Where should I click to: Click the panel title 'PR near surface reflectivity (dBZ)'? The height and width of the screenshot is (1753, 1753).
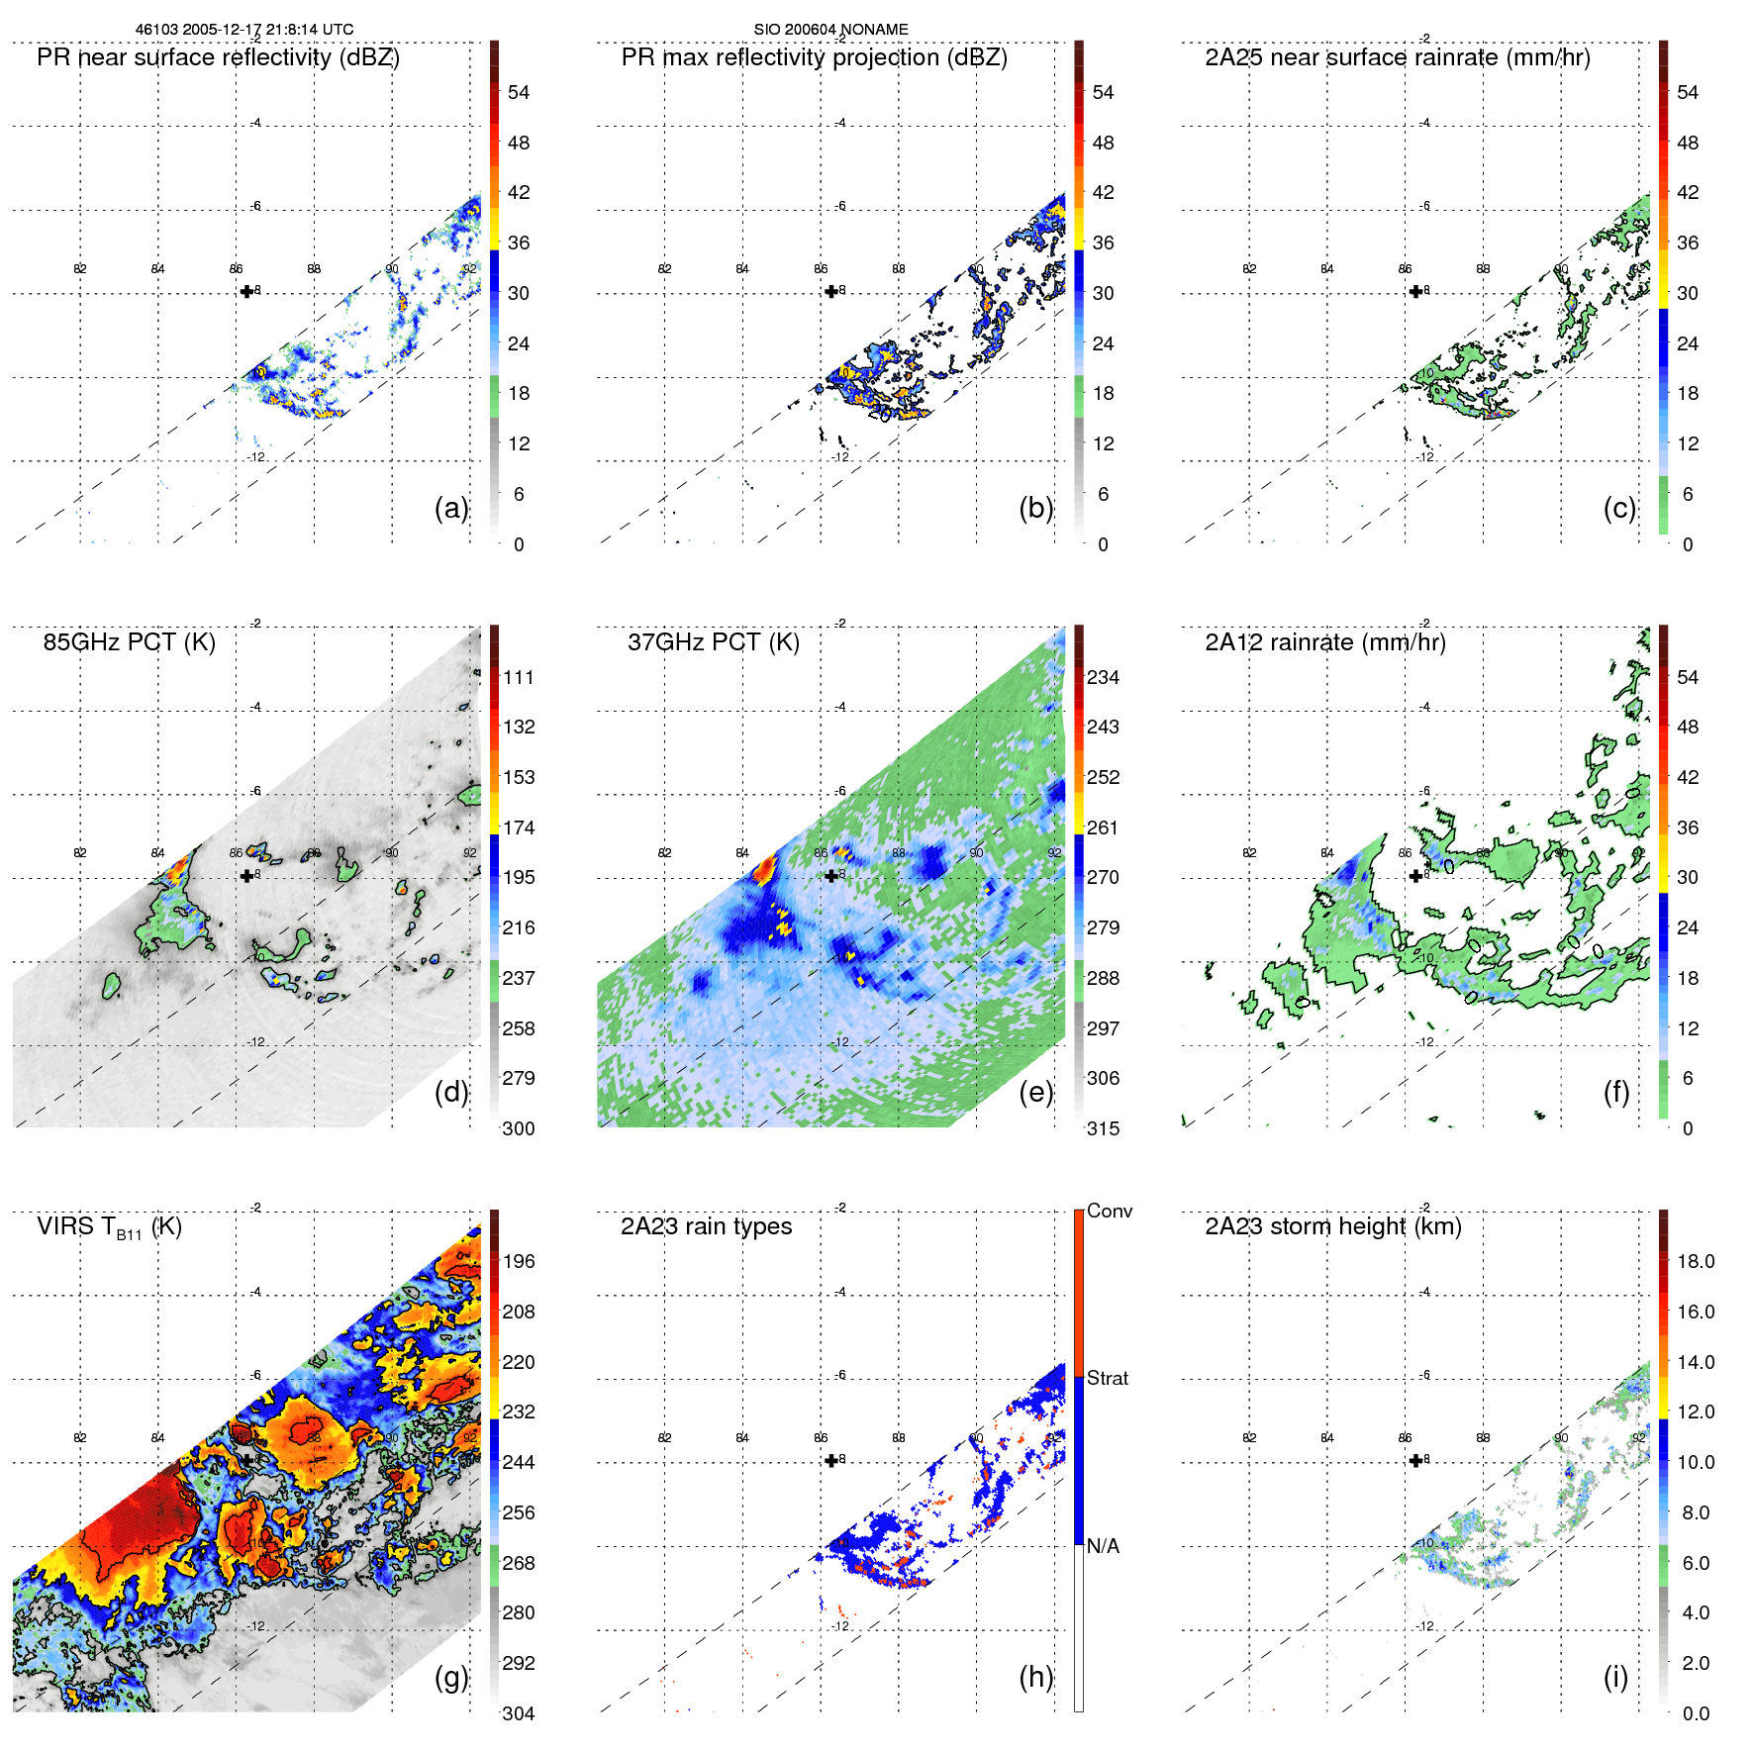coord(218,57)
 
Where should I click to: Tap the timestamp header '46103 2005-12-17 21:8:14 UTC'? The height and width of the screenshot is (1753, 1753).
coord(244,30)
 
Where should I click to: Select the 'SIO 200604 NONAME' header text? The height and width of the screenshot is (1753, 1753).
coord(830,30)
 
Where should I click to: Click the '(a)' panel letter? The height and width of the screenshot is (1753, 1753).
coord(450,509)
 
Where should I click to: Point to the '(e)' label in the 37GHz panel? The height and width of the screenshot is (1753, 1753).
coord(1035,1093)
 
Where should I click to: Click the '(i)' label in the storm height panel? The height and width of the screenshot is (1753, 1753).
coord(1615,1677)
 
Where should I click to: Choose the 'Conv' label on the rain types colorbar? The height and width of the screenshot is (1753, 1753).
coord(1109,1212)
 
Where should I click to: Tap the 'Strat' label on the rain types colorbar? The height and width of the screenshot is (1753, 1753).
coord(1107,1379)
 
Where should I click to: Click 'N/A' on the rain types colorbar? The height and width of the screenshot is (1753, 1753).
coord(1103,1546)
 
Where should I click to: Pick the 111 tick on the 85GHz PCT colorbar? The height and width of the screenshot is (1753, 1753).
coord(519,678)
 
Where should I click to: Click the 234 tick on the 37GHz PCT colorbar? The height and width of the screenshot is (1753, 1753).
coord(1103,678)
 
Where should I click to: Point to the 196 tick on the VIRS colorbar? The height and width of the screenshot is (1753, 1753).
coord(519,1262)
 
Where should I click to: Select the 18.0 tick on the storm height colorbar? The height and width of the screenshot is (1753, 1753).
coord(1695,1262)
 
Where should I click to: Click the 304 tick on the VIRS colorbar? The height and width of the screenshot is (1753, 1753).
coord(519,1713)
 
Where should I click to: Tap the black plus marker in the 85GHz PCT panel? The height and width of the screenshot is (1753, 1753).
coord(246,876)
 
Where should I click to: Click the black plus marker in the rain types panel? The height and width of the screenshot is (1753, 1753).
coord(830,1460)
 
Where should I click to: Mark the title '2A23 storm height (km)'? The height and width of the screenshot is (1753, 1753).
coord(1332,1226)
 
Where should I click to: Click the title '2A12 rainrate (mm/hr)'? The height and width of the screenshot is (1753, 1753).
coord(1324,642)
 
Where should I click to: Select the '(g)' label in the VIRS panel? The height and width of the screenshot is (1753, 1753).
coord(450,1677)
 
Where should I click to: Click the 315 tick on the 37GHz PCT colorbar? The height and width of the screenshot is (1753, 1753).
coord(1103,1129)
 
